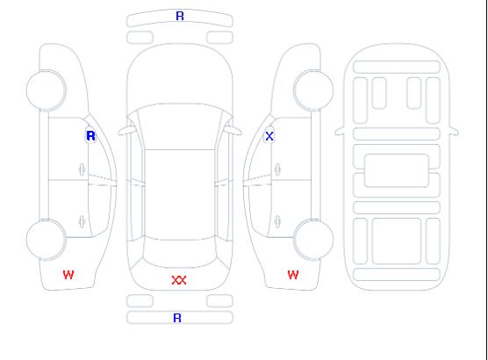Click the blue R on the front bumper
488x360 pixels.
[x=180, y=16]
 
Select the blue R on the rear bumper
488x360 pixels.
[x=177, y=318]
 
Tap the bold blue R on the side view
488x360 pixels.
[x=90, y=136]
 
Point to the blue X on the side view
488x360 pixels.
[x=269, y=136]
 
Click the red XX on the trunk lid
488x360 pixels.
[x=179, y=280]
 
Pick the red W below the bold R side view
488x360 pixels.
[x=68, y=275]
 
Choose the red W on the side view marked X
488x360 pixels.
[x=293, y=275]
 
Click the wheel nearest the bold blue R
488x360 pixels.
[x=46, y=90]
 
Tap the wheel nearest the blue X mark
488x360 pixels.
[x=313, y=90]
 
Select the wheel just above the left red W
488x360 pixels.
[x=46, y=240]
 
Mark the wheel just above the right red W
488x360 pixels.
[x=313, y=240]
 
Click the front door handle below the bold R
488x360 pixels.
[x=82, y=169]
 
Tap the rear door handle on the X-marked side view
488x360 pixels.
[x=277, y=222]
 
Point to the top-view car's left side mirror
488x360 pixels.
[x=126, y=131]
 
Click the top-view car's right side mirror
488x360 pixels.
[x=233, y=131]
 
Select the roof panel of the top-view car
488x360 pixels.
[x=180, y=194]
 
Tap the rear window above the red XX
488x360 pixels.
[x=180, y=253]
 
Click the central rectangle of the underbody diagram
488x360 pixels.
[x=397, y=170]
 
